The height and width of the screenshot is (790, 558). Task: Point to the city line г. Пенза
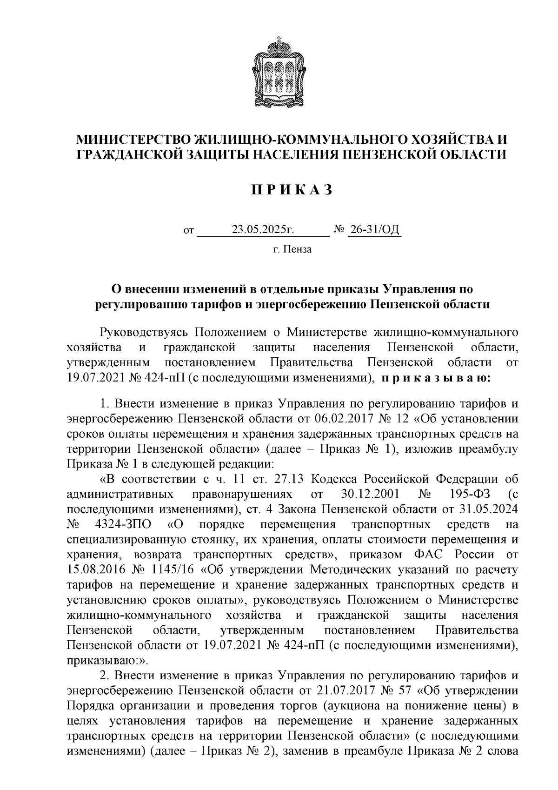click(x=292, y=250)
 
